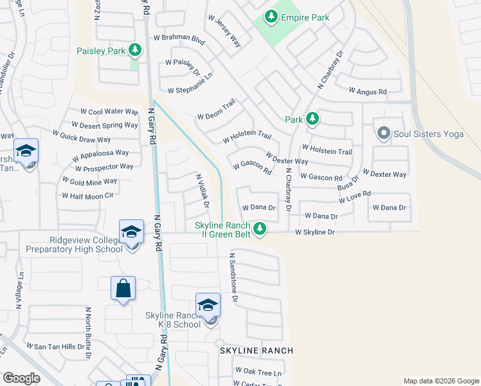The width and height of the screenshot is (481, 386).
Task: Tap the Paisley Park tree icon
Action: click(x=134, y=50)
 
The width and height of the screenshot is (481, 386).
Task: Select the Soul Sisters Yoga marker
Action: click(x=384, y=134)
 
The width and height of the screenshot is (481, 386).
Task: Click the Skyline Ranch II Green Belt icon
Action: click(x=260, y=228)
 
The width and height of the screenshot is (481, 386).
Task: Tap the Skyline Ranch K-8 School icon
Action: click(x=208, y=306)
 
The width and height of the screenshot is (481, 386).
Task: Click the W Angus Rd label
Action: click(x=368, y=92)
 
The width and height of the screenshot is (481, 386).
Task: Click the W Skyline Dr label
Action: click(x=315, y=232)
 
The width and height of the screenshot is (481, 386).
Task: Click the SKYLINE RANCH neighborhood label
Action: click(x=257, y=351)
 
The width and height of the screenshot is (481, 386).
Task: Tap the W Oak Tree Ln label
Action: click(x=259, y=371)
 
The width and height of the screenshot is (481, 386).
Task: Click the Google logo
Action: click(x=22, y=378)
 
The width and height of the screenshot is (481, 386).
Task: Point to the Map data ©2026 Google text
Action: click(x=440, y=381)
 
